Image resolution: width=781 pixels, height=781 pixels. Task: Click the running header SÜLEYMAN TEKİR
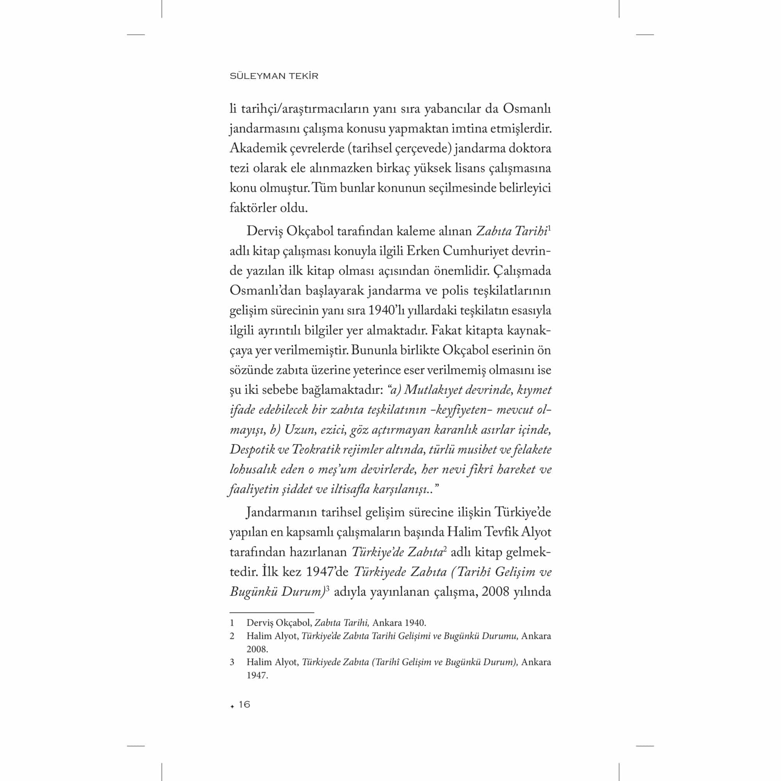[274, 76]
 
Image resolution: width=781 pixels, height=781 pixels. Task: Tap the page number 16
[244, 704]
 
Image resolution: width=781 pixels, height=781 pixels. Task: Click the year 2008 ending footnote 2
[257, 650]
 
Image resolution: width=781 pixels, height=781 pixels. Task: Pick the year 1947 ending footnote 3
[257, 676]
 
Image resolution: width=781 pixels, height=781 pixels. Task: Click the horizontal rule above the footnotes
[272, 613]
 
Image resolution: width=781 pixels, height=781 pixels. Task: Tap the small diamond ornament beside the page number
[232, 706]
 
